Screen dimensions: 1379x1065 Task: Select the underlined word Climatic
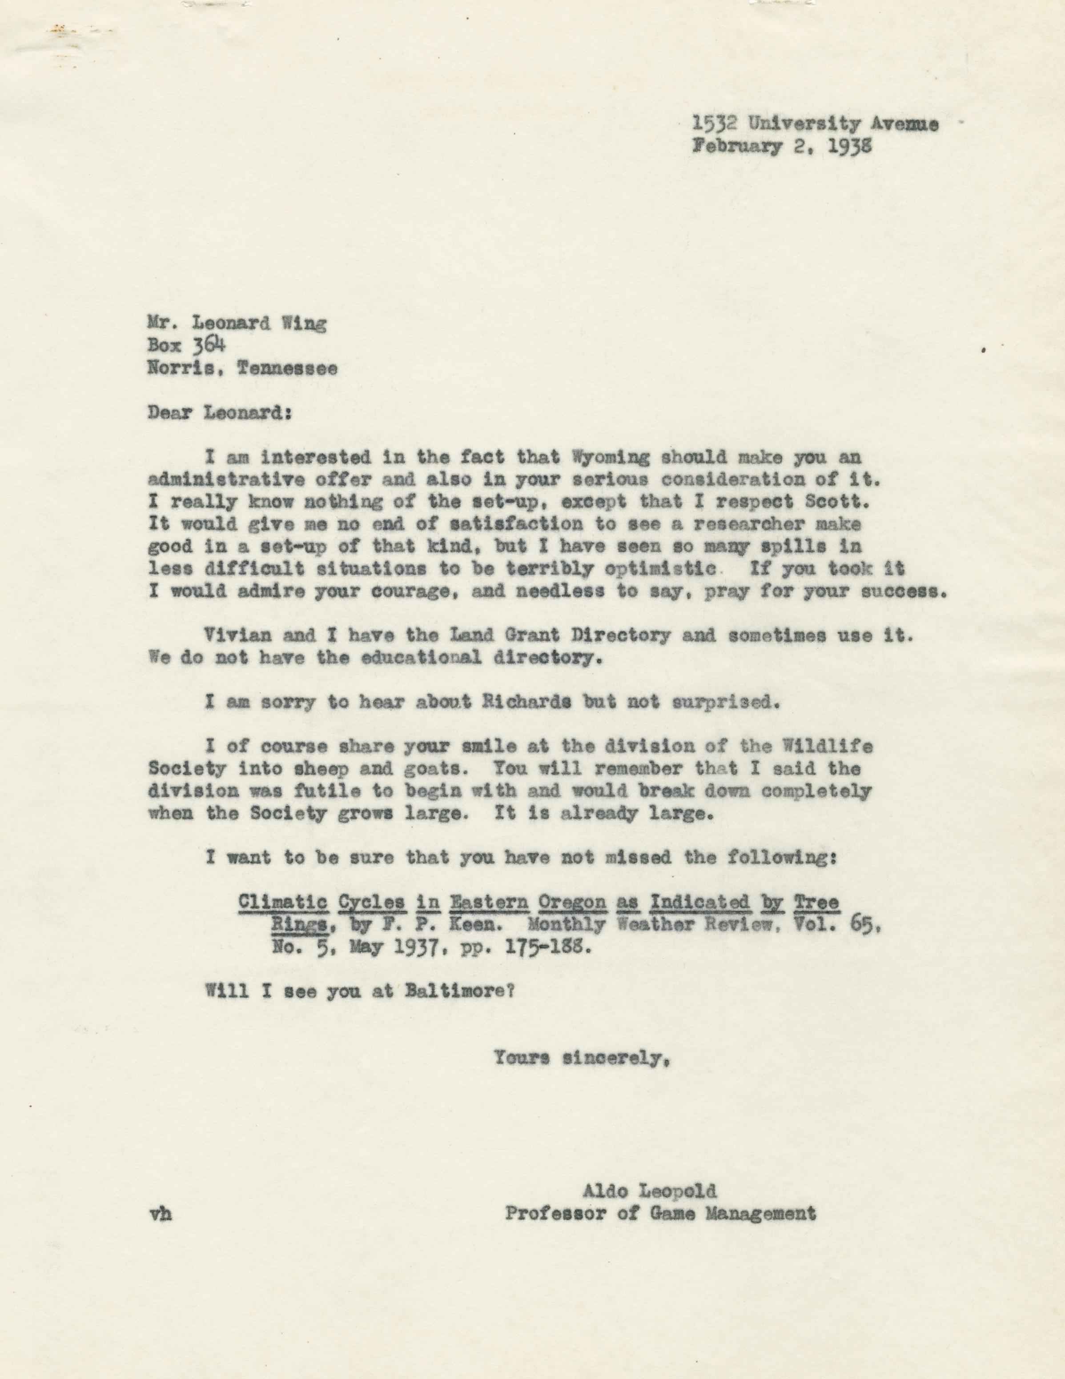tap(282, 902)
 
